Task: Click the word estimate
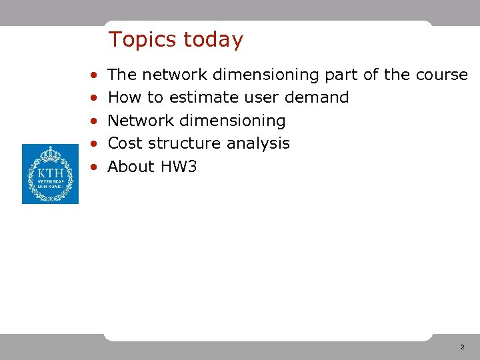tap(199, 97)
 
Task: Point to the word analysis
tap(258, 143)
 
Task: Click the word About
tap(131, 167)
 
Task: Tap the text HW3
tap(178, 167)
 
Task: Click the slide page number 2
tap(462, 347)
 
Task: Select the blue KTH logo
tap(50, 174)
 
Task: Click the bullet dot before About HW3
tap(95, 167)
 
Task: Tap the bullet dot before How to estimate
tap(95, 98)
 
